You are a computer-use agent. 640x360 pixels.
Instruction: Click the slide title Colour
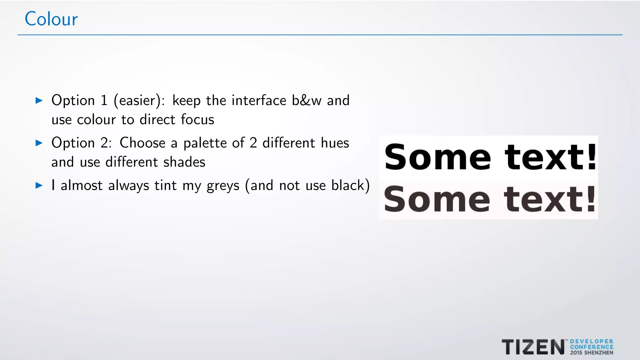[51, 19]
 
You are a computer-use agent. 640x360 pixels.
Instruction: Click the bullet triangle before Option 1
[39, 101]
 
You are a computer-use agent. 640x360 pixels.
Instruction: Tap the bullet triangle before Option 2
[39, 143]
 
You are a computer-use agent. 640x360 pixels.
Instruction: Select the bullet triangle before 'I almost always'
[39, 186]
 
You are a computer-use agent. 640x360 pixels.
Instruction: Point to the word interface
[259, 101]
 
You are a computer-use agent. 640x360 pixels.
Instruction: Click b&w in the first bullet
[307, 101]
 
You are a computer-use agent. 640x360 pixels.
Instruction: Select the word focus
[197, 120]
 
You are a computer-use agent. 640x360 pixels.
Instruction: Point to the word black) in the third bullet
[350, 186]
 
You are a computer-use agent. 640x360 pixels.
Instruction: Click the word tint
[166, 186]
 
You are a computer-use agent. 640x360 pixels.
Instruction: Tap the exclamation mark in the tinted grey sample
[591, 199]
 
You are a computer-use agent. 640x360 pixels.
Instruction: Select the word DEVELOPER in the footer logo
[592, 342]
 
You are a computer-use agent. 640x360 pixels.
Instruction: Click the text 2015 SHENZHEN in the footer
[592, 353]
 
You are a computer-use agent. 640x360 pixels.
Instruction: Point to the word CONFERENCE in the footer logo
[592, 347]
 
